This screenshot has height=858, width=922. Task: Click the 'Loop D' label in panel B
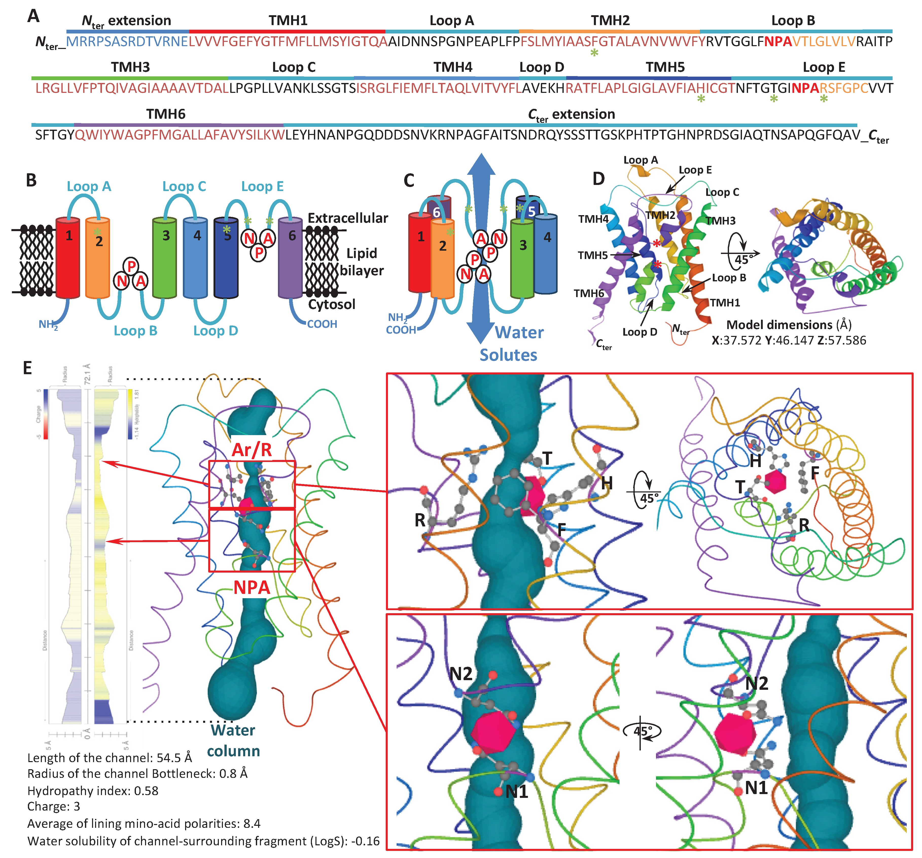coord(215,331)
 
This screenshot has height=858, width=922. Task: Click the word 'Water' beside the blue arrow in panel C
coord(519,333)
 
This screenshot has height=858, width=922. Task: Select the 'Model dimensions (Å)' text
coord(788,324)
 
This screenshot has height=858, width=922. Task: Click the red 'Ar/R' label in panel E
coord(252,449)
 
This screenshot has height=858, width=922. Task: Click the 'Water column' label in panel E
coord(233,740)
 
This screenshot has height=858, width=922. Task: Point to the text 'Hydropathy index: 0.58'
coord(93,791)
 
